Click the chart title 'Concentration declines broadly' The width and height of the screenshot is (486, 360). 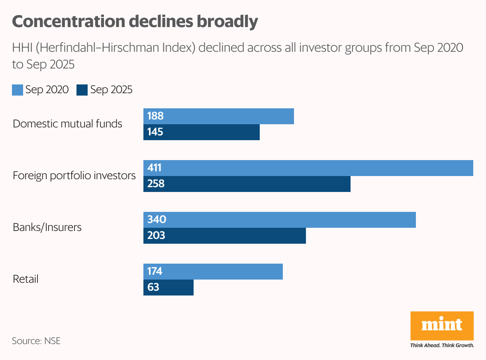tap(135, 22)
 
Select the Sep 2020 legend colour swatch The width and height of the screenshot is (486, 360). tap(18, 90)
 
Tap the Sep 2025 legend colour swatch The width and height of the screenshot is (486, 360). tap(82, 90)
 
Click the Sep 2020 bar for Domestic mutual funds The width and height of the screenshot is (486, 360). tap(219, 116)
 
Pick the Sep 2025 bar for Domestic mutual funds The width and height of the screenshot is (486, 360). tap(202, 132)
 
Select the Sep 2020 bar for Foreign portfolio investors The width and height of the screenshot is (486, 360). tap(308, 168)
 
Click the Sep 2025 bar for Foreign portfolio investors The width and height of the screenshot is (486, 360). tap(247, 184)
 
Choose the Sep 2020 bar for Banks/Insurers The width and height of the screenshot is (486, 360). tap(280, 220)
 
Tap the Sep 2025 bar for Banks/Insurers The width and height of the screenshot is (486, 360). tap(225, 236)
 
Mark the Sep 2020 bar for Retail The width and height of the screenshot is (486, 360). tap(213, 272)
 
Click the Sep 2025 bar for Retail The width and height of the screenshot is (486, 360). tap(169, 288)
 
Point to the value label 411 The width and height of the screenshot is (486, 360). tap(154, 168)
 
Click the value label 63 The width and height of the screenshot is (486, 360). tap(153, 288)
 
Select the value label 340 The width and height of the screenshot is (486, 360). tap(156, 220)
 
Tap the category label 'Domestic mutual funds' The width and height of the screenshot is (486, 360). tap(67, 124)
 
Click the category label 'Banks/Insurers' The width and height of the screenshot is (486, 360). tap(47, 227)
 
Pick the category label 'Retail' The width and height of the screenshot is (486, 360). tap(25, 279)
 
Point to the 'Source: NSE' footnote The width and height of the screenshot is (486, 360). tap(36, 341)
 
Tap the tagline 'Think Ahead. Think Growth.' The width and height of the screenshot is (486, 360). tap(442, 345)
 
